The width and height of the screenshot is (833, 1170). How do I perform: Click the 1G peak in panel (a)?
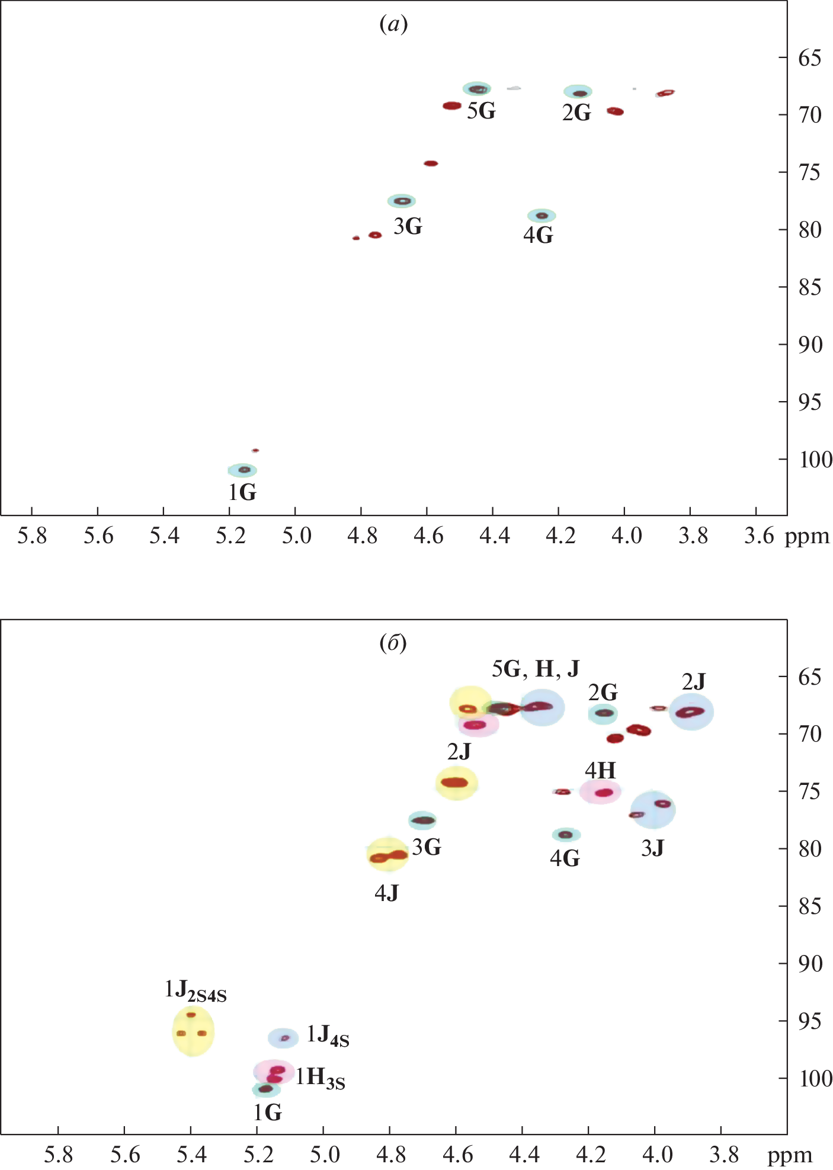[243, 470]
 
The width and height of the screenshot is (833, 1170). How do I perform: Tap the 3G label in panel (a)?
[408, 226]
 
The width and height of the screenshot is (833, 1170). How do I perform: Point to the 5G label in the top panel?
[480, 111]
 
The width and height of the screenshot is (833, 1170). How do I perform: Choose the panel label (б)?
[393, 643]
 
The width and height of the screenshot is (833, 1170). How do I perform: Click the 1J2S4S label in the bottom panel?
[196, 990]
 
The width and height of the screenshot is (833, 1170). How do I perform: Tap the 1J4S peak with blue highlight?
[284, 1037]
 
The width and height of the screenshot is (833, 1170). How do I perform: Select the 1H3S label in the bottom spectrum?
[320, 1078]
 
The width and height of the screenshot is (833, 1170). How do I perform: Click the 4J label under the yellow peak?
[386, 893]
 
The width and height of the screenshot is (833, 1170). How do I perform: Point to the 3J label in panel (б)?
[652, 849]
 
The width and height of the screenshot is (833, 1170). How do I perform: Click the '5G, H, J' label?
[536, 669]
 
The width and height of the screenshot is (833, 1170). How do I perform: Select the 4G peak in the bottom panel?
[566, 835]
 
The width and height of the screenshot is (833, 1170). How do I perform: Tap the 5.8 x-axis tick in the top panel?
[32, 536]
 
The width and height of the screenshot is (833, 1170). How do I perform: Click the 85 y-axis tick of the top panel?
[810, 287]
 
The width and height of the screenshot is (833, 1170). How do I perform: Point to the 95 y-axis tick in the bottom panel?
[810, 1021]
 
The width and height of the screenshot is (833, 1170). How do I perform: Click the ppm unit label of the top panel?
[806, 536]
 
